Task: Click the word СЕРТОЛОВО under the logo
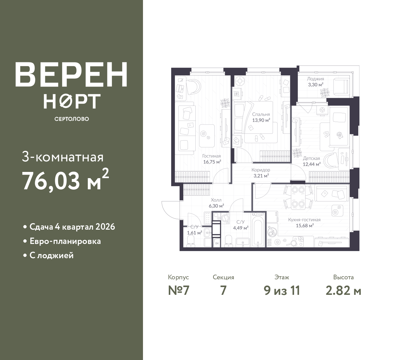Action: click(x=72, y=119)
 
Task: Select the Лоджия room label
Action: click(x=315, y=79)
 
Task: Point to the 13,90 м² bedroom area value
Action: click(x=261, y=120)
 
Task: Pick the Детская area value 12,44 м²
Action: click(x=312, y=164)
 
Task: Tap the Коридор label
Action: click(x=261, y=170)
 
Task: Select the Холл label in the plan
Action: click(x=216, y=200)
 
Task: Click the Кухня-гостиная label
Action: click(x=304, y=220)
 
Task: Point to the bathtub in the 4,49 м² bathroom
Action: click(x=258, y=230)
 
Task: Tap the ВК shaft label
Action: click(x=217, y=243)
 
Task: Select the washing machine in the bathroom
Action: click(x=225, y=218)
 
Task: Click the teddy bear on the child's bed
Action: click(x=340, y=135)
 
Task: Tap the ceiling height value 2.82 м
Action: click(x=343, y=291)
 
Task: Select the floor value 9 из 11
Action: click(x=282, y=291)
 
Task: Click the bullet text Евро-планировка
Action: click(x=65, y=241)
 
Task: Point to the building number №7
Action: click(x=179, y=291)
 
